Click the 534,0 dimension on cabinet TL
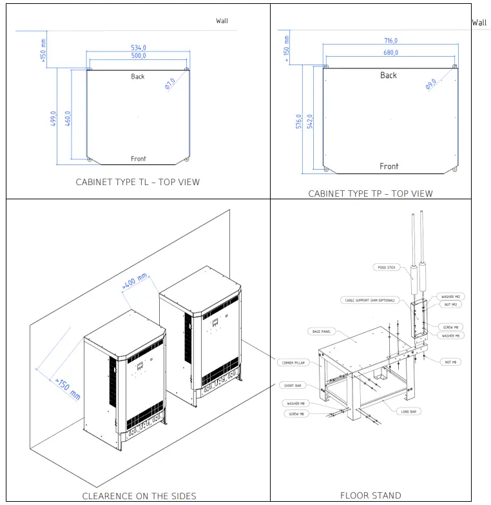tap(139, 48)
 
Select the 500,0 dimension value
tap(139, 57)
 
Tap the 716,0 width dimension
tap(390, 41)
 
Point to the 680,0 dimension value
tap(390, 52)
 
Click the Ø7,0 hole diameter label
tap(171, 83)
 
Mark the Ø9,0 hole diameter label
tap(431, 83)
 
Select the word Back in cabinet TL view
tap(138, 77)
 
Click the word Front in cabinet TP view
tap(389, 166)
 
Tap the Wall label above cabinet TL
tap(222, 21)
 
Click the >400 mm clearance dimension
tap(135, 281)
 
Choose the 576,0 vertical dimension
tap(298, 123)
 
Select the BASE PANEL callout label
tap(321, 332)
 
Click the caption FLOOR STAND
tap(371, 496)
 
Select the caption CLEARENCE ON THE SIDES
tap(139, 496)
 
